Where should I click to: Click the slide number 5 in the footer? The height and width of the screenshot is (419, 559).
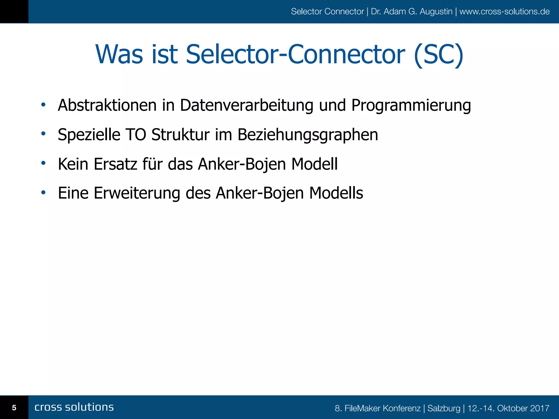pos(14,408)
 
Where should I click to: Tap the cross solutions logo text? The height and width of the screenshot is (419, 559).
pos(74,407)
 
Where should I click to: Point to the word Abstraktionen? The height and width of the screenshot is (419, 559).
pos(107,105)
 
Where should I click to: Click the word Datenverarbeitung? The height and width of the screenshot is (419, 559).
pos(246,105)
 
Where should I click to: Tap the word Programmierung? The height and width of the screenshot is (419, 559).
pos(411,106)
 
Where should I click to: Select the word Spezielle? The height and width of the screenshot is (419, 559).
pos(89,135)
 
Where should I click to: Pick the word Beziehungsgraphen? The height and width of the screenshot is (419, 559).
pos(308,135)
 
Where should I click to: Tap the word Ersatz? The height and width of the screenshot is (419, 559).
pos(115,164)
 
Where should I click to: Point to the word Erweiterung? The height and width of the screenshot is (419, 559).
pos(137,193)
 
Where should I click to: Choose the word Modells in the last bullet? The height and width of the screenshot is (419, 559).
pos(336,193)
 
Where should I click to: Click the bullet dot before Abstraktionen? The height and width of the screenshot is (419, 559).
pos(43,104)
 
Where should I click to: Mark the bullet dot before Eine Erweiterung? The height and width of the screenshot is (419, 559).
pos(43,193)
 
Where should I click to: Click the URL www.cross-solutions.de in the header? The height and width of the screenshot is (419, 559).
pos(504,11)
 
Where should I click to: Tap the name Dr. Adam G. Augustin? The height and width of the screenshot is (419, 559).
pos(411,11)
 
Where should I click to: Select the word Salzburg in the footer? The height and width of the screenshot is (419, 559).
pos(444,408)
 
